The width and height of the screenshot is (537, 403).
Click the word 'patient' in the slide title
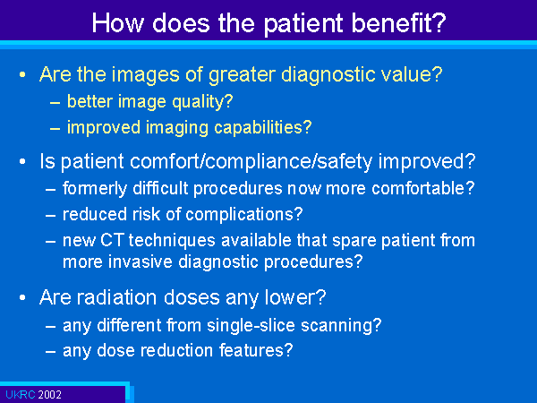click(303, 24)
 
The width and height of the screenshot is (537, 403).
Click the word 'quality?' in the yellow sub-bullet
click(202, 102)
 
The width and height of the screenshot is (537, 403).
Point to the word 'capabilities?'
click(262, 128)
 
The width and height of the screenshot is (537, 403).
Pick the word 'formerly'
click(95, 189)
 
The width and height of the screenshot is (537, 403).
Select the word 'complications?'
click(244, 215)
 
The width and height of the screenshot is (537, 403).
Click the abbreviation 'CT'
click(112, 241)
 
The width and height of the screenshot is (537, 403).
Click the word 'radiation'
click(116, 297)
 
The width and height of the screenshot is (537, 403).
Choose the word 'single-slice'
click(251, 325)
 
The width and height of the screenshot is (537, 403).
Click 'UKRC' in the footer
click(21, 395)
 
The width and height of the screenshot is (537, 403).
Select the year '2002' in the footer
click(49, 395)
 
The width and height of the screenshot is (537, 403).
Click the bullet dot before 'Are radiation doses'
click(22, 297)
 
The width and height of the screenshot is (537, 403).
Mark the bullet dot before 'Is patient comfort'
click(22, 161)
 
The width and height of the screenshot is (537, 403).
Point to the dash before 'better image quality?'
click(55, 102)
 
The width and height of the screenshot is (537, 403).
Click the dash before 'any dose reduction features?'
click(50, 351)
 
